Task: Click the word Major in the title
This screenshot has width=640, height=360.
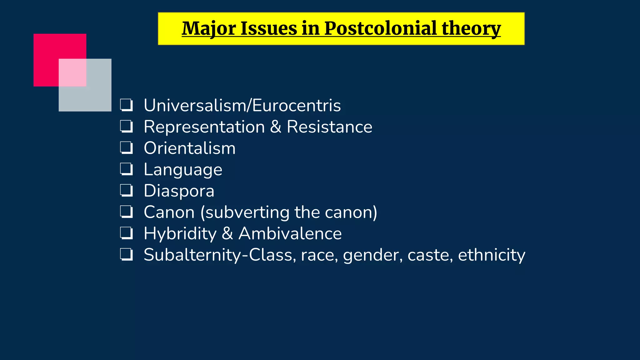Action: coord(208,28)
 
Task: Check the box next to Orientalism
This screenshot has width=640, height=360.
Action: coord(127,148)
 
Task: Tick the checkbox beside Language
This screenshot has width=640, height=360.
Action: coord(127,169)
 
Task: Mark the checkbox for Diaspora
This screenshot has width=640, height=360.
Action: coord(127,191)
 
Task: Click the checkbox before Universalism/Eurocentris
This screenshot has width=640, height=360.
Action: coord(127,105)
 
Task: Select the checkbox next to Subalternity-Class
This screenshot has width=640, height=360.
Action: coord(127,255)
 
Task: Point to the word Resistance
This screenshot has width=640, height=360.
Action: coord(329,127)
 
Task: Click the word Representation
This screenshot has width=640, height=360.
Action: coord(204,127)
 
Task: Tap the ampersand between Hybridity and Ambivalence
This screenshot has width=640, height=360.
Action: coord(227,233)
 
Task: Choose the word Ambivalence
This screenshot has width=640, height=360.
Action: coord(290,233)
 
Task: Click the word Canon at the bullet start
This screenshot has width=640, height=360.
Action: coord(169,212)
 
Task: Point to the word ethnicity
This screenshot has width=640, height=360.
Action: coord(491,255)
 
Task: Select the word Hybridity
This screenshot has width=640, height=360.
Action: coord(180,233)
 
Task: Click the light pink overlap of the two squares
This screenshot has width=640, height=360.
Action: coord(72,72)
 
